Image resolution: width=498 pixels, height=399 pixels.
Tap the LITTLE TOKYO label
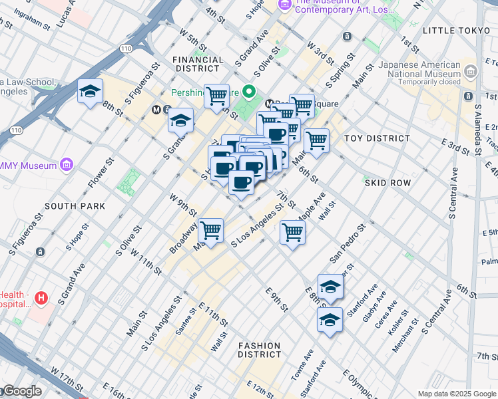[x=455, y=31]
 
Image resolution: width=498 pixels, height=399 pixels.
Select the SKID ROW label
[x=386, y=182]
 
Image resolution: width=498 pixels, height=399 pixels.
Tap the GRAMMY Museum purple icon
[x=66, y=164]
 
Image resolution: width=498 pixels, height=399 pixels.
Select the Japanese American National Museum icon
[x=471, y=71]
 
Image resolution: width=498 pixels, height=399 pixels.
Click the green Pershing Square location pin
[x=250, y=92]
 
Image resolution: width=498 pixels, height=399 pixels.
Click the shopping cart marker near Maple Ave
[x=292, y=233]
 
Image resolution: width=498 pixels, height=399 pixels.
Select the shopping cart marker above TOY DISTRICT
[x=316, y=141]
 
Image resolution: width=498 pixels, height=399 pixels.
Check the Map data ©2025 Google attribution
[x=457, y=394]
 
